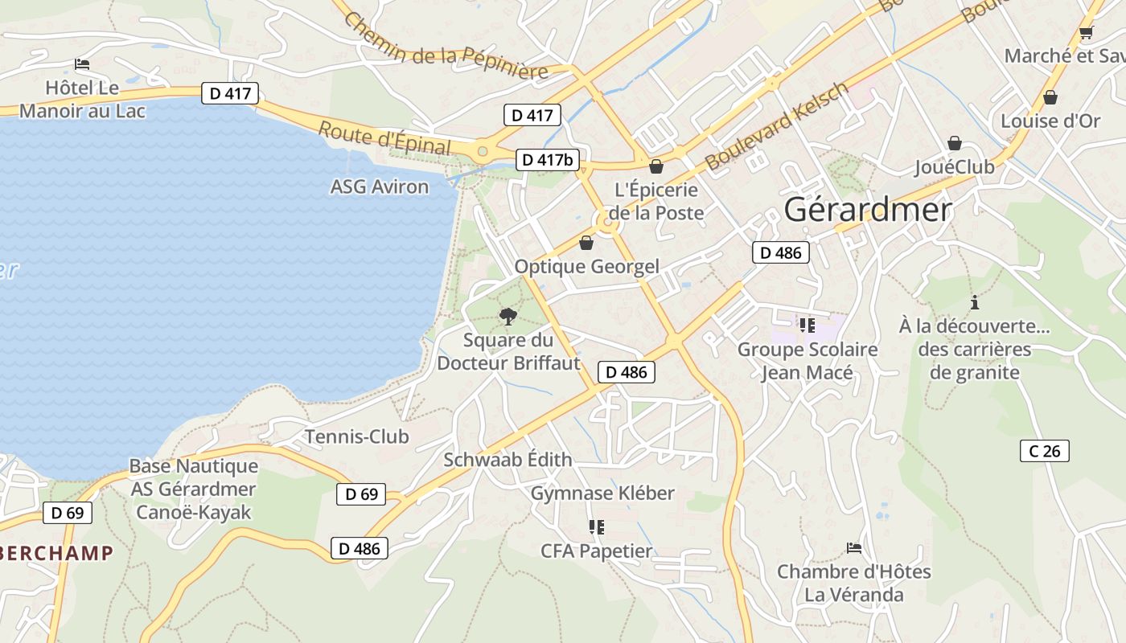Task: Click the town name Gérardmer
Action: click(868, 210)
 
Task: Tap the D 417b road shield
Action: click(547, 160)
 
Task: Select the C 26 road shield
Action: click(1045, 451)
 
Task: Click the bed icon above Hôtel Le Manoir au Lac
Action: click(82, 64)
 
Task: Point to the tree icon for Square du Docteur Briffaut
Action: click(508, 316)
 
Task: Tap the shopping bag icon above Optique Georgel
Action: click(586, 243)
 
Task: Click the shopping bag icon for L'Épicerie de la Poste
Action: click(656, 166)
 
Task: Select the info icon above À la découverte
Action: click(975, 303)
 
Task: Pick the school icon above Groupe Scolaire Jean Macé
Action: click(808, 326)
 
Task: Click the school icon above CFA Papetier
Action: click(596, 527)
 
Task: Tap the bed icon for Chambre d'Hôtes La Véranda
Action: click(854, 548)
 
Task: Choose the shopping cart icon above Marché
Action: click(1086, 33)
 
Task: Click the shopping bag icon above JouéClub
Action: click(955, 143)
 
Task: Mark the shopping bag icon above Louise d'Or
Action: click(1050, 97)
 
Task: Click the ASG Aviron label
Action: click(380, 186)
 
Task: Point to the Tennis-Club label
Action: click(356, 437)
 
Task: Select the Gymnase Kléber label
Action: click(602, 493)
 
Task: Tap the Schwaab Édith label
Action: click(508, 460)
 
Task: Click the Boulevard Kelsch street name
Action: click(776, 125)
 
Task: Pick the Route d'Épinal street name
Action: click(384, 137)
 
